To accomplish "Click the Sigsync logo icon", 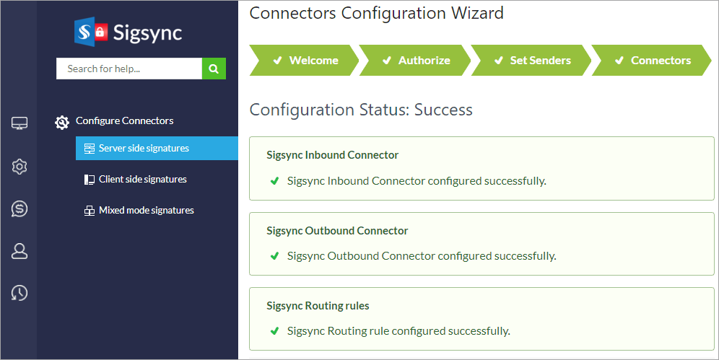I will point(91,31).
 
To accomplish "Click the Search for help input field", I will point(128,69).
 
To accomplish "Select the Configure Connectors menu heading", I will point(124,121).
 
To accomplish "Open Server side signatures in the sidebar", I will point(144,149).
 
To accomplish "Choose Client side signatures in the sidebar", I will point(142,180).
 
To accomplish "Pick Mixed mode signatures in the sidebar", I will point(146,211).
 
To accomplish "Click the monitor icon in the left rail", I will point(19,124).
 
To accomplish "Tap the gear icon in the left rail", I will point(19,167).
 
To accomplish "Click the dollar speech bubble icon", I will point(19,209).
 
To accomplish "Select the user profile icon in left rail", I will point(19,251).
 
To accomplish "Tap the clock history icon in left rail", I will point(19,293).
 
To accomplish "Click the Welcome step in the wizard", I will point(305,61).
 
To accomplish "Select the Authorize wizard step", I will point(416,61).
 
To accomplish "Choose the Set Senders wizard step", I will point(532,61).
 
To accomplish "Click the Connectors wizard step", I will point(653,61).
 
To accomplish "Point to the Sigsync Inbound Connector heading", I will point(332,155).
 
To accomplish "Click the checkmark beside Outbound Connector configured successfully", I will point(274,256).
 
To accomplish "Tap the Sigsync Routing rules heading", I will point(318,306).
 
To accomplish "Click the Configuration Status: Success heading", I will point(361,110).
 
